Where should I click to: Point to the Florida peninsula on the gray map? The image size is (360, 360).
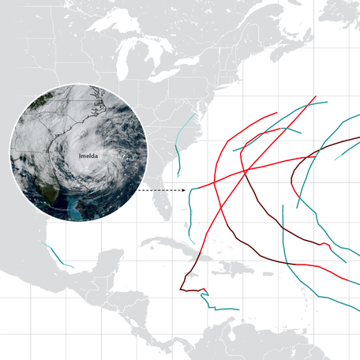pos(163,201)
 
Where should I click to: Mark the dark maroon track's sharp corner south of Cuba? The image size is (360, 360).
pos(182,290)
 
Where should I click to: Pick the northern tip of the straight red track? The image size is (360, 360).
pos(316,98)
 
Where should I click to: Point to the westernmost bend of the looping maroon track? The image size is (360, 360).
pos(292,178)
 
